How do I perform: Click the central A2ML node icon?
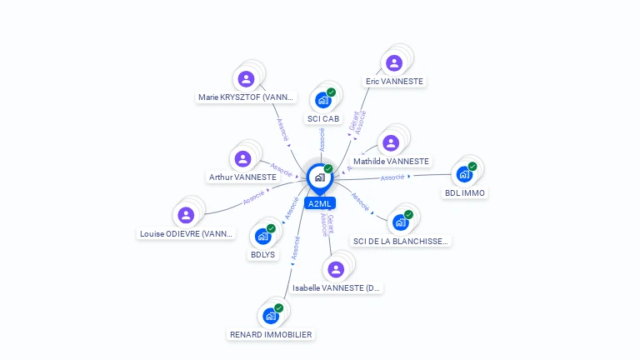point(319,177)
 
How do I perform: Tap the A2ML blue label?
point(320,203)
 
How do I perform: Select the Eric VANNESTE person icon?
point(394,62)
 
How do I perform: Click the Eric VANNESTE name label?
point(394,82)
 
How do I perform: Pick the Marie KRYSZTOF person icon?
point(246,79)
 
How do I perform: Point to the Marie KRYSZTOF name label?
point(247,97)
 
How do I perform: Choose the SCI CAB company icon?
point(322,100)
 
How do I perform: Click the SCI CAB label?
point(323,118)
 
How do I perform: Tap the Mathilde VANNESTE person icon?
point(391,142)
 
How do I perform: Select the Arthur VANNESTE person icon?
point(242,158)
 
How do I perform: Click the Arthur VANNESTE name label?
point(242,177)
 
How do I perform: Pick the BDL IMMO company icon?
point(464,175)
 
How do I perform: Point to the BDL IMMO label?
point(465,193)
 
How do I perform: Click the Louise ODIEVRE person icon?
point(187,215)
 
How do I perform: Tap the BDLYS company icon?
point(262,237)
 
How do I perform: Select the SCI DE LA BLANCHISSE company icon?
point(401,222)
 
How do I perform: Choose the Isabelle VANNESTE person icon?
point(336,269)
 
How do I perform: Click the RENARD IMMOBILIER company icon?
point(270,316)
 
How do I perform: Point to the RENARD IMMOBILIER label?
point(271,334)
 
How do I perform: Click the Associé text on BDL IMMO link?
point(392,177)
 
